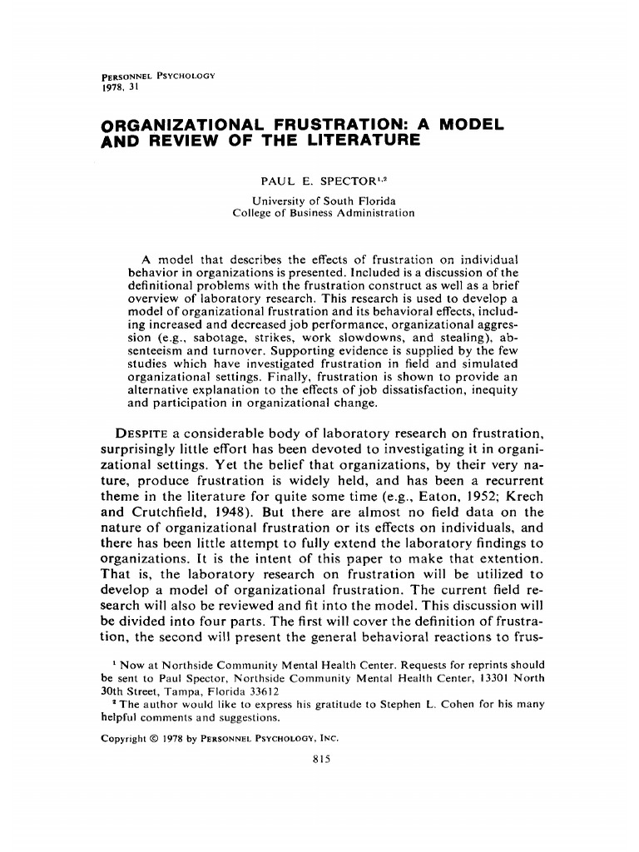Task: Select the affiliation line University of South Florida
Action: click(324, 200)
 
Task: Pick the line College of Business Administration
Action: click(324, 213)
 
